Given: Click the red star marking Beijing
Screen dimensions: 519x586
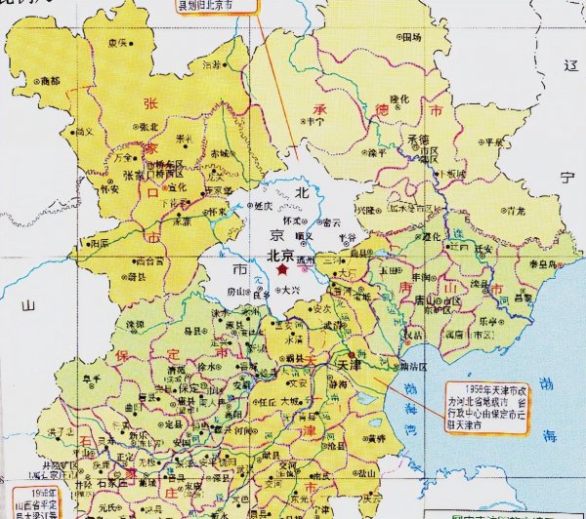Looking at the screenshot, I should tap(283, 267).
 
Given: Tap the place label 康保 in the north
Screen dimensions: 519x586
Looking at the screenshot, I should tap(118, 43).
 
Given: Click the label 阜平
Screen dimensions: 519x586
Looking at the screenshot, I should tap(92, 380).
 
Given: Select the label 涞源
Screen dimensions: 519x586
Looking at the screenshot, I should tap(134, 322).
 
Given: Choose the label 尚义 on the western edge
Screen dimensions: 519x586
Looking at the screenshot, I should tap(85, 130).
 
